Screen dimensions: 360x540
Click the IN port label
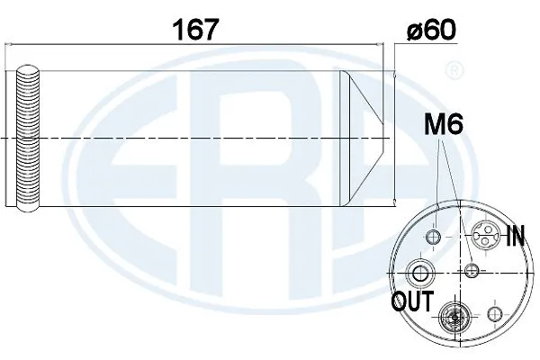coord(516,237)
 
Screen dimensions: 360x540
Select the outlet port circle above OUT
coord(419,272)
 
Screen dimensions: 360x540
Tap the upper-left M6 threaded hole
coord(434,237)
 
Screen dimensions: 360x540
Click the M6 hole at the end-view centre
coord(471,270)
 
